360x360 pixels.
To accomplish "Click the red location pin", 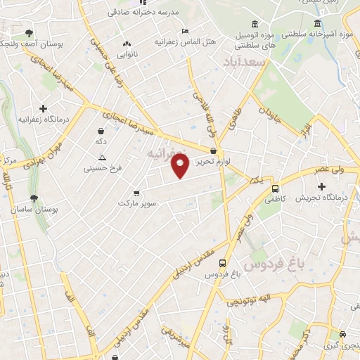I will pos(181,167).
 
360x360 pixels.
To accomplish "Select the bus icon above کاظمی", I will pos(275,188).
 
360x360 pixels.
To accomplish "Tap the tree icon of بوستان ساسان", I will pos(34,198).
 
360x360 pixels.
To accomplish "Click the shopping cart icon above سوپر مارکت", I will pos(136,193).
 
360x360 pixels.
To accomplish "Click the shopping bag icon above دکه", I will pos(101,131).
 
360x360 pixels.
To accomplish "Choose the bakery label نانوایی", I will pos(127,53).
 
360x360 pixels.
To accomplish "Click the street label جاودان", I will pos(269,116).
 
